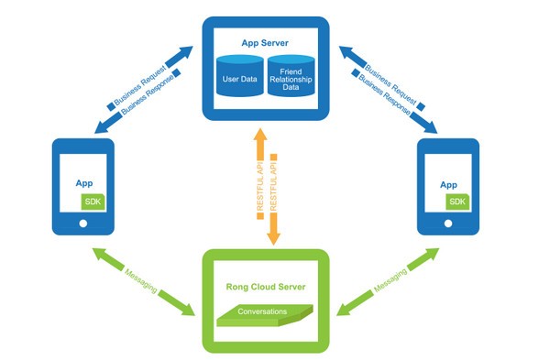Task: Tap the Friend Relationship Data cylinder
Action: point(291,80)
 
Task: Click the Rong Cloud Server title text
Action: point(264,287)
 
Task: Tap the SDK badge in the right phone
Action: point(457,201)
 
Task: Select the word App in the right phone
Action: point(448,184)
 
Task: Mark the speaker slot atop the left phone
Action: point(82,147)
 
